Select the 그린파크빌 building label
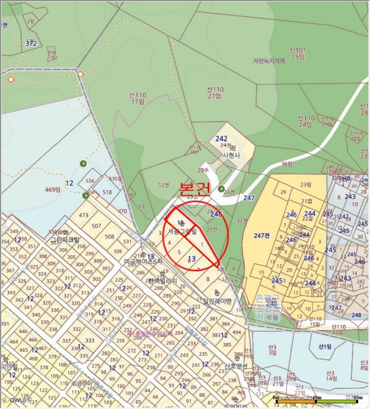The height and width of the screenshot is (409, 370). (65, 240)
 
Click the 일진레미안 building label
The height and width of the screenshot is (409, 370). (216, 301)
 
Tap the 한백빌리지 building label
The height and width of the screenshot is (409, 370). (161, 280)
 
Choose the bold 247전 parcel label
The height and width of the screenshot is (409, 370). (262, 235)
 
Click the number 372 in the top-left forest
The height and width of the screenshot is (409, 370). (31, 43)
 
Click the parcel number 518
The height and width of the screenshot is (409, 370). (107, 192)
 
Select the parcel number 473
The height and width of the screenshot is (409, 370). (84, 216)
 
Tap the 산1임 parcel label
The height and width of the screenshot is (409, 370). (325, 346)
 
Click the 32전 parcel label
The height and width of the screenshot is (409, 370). (242, 221)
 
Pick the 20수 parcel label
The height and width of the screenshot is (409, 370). (203, 170)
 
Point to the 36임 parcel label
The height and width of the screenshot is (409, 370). (286, 164)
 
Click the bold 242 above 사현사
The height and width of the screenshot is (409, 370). (221, 139)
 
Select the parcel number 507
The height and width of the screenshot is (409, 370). (96, 226)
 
